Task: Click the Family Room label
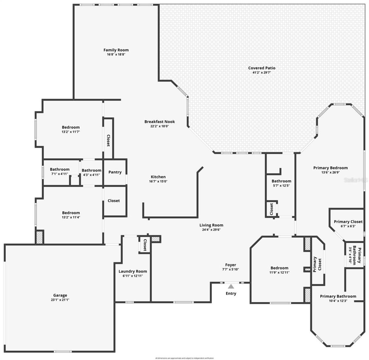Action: coord(116,50)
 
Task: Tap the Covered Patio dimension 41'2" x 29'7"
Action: coord(262,73)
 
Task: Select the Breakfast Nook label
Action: coord(159,122)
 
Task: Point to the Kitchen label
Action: coord(158,177)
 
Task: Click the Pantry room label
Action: coord(115,172)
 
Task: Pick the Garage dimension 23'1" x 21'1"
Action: coord(60,300)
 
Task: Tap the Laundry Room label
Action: coord(133,271)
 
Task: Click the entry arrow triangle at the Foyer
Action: coord(231,286)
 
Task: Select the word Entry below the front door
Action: coord(231,293)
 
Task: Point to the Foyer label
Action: coord(230,265)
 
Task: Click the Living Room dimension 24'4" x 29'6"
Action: coord(211,230)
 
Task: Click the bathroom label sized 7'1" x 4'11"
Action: coord(60,171)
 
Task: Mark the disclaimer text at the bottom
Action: coord(184,358)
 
